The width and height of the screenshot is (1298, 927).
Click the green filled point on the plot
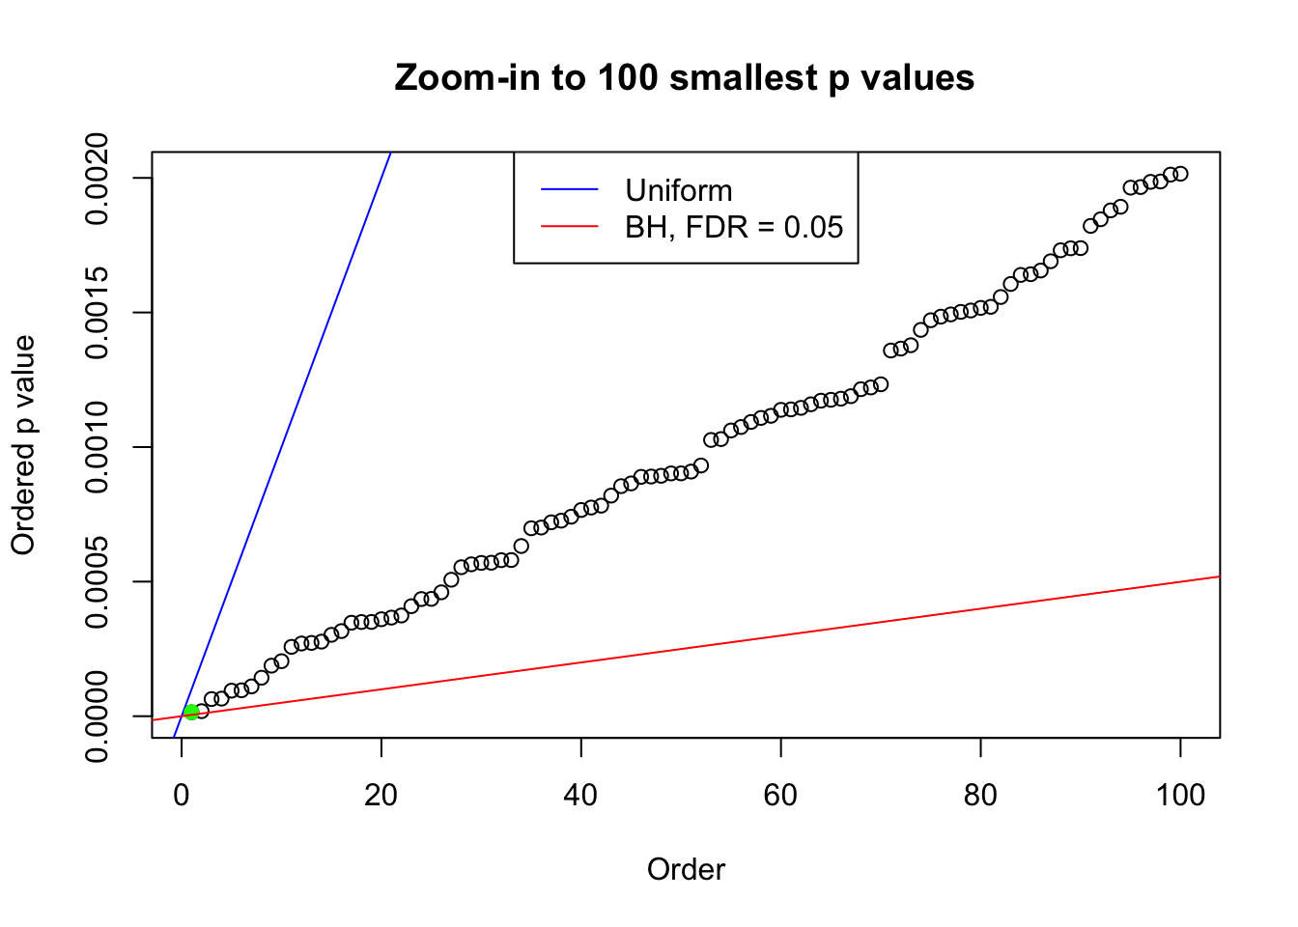point(191,712)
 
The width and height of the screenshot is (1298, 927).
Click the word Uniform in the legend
point(678,190)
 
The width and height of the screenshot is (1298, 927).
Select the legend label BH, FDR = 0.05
point(734,227)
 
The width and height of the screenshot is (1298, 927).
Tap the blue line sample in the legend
point(569,190)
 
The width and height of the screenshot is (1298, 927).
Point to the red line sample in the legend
point(569,227)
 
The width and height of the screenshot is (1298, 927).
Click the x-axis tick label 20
point(381,796)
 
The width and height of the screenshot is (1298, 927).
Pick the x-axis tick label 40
point(581,796)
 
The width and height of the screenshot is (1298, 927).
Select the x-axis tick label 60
point(780,796)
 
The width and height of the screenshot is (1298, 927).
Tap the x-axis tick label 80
point(980,796)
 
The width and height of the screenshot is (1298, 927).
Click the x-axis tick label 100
point(1180,796)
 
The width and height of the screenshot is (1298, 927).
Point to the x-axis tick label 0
point(182,796)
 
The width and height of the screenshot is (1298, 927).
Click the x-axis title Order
point(686,869)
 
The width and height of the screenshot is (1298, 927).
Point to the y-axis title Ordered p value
point(23,445)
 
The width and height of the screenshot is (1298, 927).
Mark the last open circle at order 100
point(1180,174)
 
